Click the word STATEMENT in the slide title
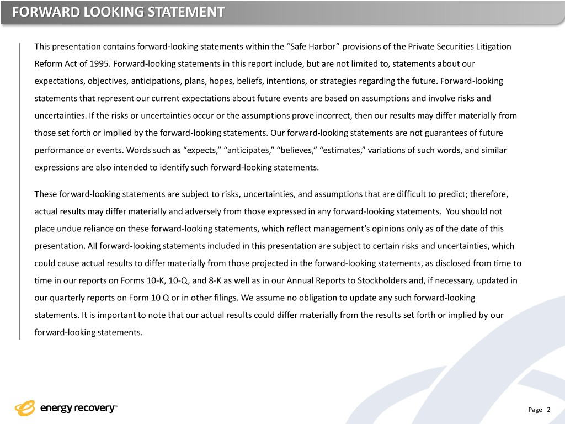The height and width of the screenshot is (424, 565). point(187,12)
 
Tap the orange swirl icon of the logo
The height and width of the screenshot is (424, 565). point(25,408)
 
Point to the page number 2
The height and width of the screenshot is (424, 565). point(548,410)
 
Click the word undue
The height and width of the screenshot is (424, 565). point(65,229)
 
